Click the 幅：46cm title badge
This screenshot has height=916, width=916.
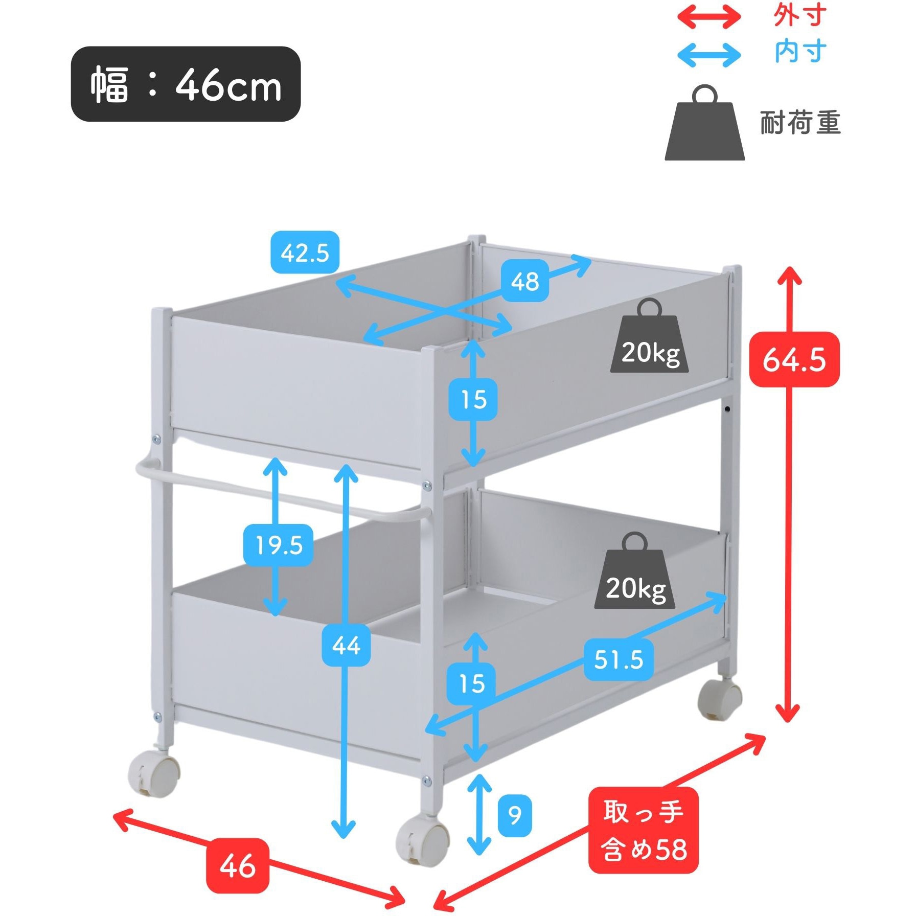(186, 84)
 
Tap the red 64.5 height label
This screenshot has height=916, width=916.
(794, 359)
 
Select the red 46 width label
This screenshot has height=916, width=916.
(237, 865)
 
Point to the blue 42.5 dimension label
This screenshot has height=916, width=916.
(305, 253)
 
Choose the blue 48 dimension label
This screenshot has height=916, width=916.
(525, 281)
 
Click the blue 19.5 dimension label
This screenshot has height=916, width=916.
(279, 545)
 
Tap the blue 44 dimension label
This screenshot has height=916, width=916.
(346, 645)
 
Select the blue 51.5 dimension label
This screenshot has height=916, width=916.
(619, 659)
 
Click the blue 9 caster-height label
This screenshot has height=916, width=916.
(515, 815)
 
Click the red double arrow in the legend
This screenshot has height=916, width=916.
(709, 17)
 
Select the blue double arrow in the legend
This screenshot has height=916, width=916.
(709, 55)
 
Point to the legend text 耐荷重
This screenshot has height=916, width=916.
(800, 123)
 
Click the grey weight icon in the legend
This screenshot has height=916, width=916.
(704, 123)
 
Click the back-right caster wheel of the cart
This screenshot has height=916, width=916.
(720, 698)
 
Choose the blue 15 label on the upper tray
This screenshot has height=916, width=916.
(473, 399)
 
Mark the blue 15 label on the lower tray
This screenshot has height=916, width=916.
(471, 683)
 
